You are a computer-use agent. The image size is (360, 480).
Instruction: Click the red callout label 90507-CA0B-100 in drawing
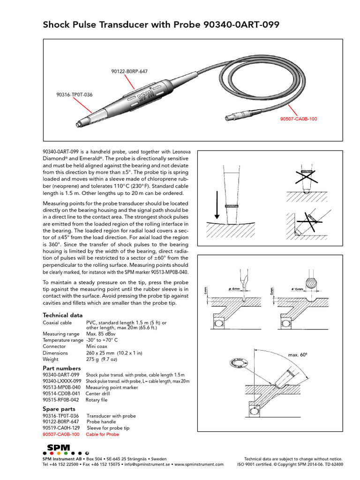coord(298,119)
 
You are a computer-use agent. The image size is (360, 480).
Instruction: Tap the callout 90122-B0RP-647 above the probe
coord(129,71)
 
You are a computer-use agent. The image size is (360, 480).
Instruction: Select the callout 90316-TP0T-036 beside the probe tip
coord(74,95)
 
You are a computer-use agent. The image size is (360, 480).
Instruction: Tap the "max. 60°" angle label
coord(298,355)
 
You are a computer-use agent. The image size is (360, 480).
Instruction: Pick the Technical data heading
coord(63,315)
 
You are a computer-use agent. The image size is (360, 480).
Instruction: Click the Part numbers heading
coord(61,368)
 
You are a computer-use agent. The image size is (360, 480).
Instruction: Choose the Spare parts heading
coord(60,409)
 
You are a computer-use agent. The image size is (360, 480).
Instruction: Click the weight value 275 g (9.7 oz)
coord(102,359)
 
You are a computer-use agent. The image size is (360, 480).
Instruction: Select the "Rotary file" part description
coord(97,400)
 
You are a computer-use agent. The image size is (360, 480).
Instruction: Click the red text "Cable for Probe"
coord(103,434)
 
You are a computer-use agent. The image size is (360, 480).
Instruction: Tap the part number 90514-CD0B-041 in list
coord(61,394)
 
